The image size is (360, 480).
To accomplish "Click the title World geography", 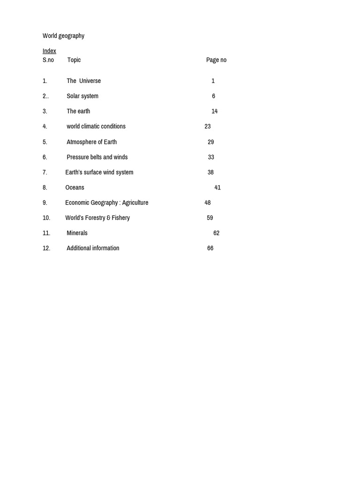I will [63, 36].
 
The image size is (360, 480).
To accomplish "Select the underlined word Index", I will [49, 51].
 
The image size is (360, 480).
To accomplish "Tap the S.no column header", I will [48, 60].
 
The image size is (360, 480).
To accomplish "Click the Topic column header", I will [74, 60].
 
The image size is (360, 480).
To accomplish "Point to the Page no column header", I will [216, 60].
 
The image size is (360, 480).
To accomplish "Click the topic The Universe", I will [83, 81].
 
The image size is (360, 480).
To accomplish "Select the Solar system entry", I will [82, 96].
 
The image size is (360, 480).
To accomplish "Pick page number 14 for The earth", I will [214, 112].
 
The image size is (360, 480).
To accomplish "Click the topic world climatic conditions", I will [96, 127].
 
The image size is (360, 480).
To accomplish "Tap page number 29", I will [210, 142].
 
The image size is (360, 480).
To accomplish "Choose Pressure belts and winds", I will [97, 157].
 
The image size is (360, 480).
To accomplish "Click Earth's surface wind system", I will [99, 172].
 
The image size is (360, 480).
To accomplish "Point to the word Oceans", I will [75, 187].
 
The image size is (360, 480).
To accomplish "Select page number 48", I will [208, 203].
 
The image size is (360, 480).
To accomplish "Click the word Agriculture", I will [135, 203].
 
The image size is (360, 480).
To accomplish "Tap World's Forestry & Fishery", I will [97, 218].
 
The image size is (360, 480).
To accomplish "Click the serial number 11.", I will [46, 233].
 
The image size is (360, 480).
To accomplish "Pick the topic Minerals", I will [77, 233].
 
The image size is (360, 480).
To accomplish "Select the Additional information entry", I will [93, 248].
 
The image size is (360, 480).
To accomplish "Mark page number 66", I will [210, 248].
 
